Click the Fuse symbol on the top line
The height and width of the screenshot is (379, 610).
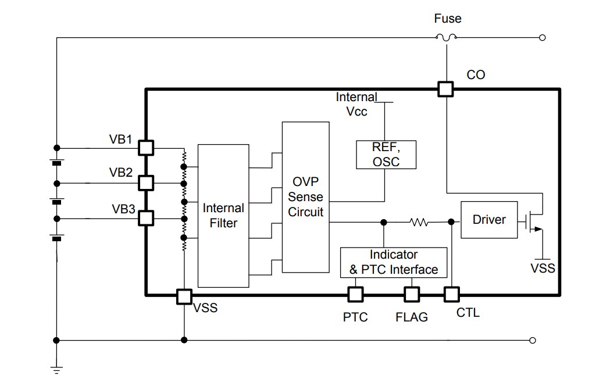pyautogui.click(x=446, y=38)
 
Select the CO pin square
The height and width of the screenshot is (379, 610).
pyautogui.click(x=445, y=89)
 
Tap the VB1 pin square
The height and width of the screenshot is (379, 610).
pyautogui.click(x=145, y=148)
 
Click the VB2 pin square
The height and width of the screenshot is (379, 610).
pyautogui.click(x=145, y=183)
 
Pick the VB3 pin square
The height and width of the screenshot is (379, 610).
pyautogui.click(x=145, y=218)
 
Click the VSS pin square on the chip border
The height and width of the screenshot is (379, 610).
pyautogui.click(x=184, y=296)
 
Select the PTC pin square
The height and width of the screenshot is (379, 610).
pyautogui.click(x=355, y=294)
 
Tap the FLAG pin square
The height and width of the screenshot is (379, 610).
pyautogui.click(x=412, y=294)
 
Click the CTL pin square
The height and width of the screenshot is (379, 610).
pyautogui.click(x=451, y=294)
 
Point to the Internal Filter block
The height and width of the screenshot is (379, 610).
pyautogui.click(x=223, y=216)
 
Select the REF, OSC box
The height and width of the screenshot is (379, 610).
pyautogui.click(x=386, y=154)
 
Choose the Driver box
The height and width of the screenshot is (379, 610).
pyautogui.click(x=489, y=220)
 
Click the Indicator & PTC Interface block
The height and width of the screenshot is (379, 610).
pyautogui.click(x=394, y=262)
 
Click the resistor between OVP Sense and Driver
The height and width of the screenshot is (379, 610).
pyautogui.click(x=419, y=221)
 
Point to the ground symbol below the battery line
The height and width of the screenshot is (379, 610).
pyautogui.click(x=56, y=369)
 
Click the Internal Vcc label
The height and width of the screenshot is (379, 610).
pyautogui.click(x=356, y=104)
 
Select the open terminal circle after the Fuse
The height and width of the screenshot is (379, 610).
pyautogui.click(x=542, y=38)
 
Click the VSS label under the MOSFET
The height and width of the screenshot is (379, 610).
pyautogui.click(x=543, y=268)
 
